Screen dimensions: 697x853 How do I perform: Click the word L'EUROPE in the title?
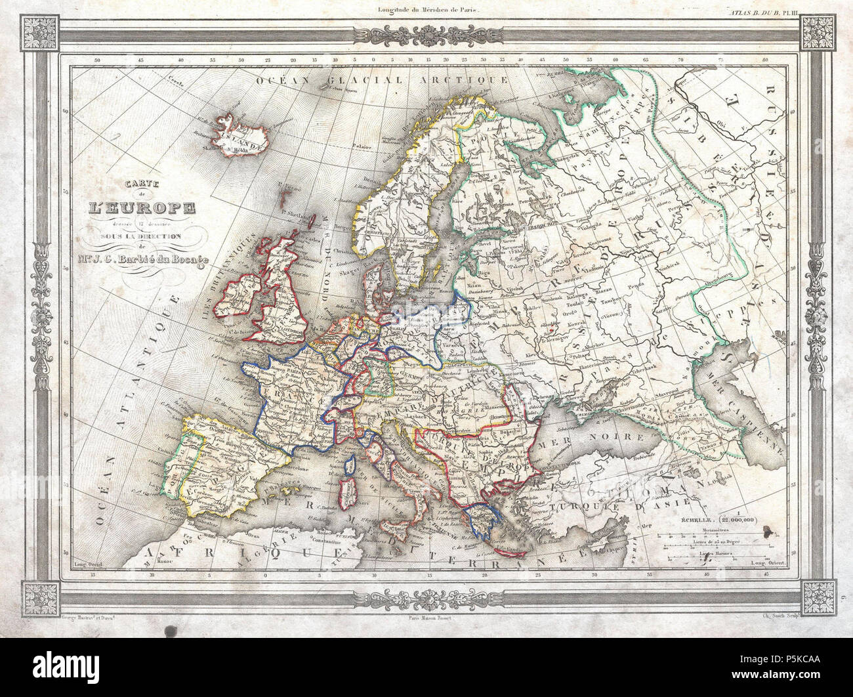tap(142, 209)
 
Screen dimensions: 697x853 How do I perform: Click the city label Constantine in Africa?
tap(334, 541)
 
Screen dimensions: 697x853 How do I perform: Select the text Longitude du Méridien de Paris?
tap(426, 9)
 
